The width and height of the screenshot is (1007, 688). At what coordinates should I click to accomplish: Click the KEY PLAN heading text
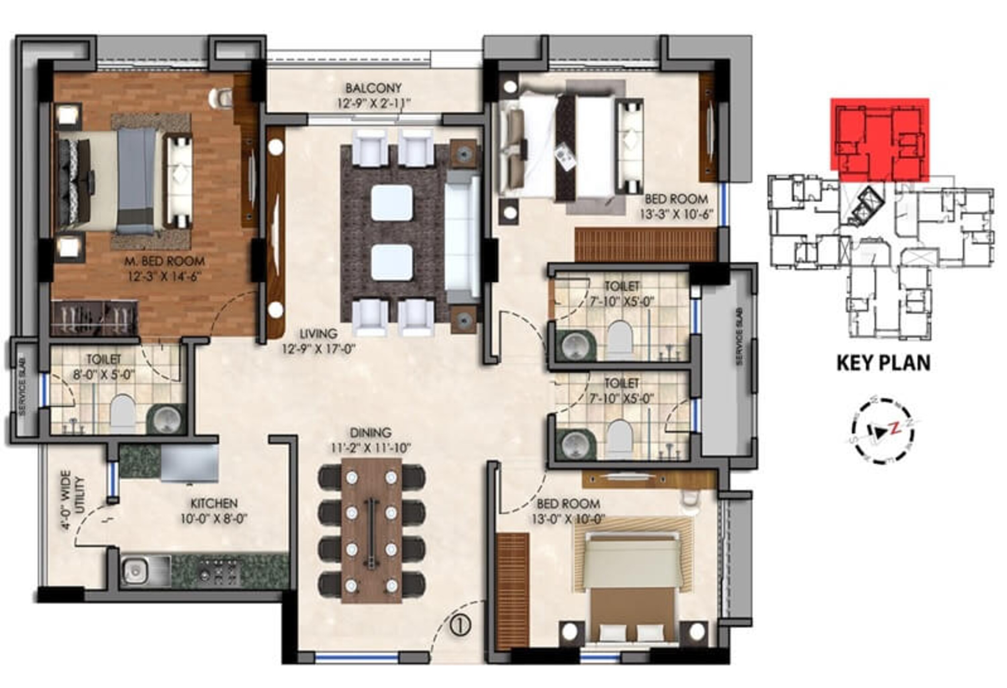click(x=883, y=363)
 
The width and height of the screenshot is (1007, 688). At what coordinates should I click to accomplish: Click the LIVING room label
click(x=319, y=334)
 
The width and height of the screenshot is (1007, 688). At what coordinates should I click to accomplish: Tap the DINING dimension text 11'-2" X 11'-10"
click(x=371, y=448)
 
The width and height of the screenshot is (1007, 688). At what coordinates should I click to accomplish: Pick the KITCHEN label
click(x=214, y=503)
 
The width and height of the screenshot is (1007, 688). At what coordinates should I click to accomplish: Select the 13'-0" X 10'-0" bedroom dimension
click(x=568, y=519)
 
